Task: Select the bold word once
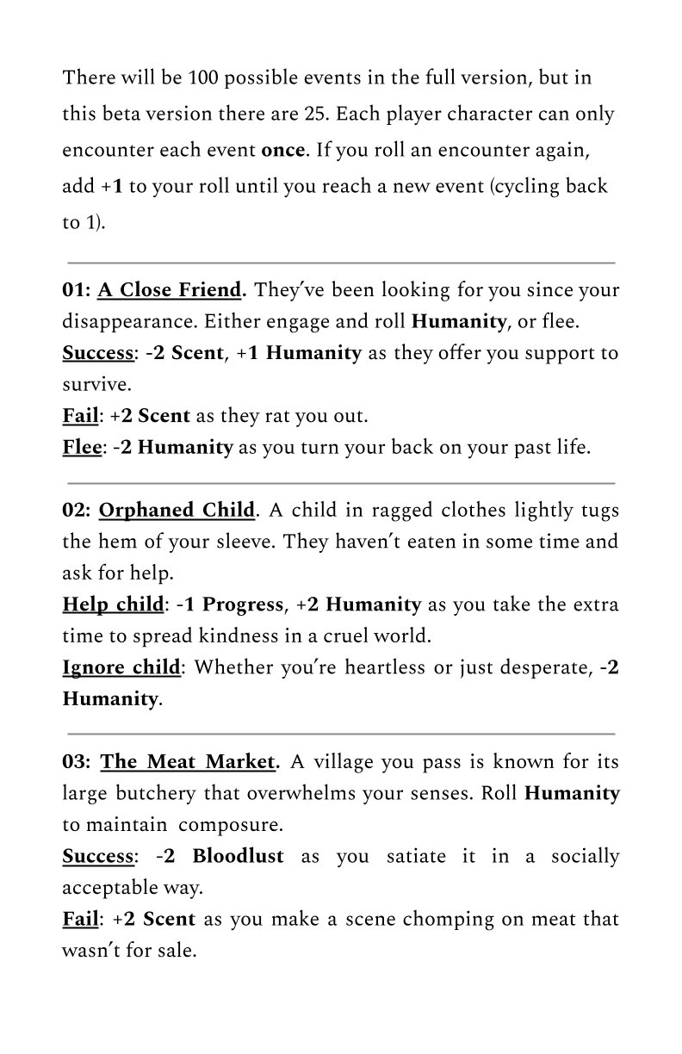(x=282, y=150)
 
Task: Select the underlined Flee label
(x=79, y=448)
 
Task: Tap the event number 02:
(x=77, y=510)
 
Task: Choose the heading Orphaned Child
(x=177, y=510)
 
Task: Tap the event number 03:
(x=77, y=762)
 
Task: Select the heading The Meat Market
(x=189, y=762)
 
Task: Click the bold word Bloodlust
(x=238, y=856)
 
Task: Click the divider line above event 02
(x=341, y=483)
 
